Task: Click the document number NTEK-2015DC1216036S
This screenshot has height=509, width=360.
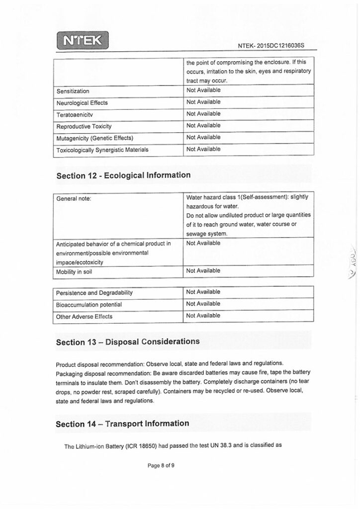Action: (x=270, y=46)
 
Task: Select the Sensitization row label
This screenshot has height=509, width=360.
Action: (x=73, y=91)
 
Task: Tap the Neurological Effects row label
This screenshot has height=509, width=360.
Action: (x=82, y=103)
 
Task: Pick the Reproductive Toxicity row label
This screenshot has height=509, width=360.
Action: (x=84, y=126)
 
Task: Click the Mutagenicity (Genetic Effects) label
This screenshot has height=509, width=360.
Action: (x=95, y=138)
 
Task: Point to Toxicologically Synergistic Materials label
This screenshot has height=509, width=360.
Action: (x=102, y=150)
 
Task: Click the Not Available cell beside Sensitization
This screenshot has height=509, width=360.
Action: (x=203, y=90)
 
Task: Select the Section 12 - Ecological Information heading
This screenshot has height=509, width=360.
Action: (x=123, y=175)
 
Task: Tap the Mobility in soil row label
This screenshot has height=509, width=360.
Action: (x=74, y=272)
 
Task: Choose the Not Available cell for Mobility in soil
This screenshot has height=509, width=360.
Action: (x=203, y=271)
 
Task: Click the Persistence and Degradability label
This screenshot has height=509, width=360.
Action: (x=94, y=293)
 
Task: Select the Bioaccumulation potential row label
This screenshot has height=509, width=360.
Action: (x=89, y=305)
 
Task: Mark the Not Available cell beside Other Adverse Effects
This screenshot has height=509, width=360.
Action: (x=203, y=316)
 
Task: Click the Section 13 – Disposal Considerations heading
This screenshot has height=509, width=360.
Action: (x=128, y=342)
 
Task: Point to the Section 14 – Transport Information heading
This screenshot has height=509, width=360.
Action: (x=122, y=424)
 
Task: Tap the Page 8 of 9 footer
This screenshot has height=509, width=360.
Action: (x=161, y=466)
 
